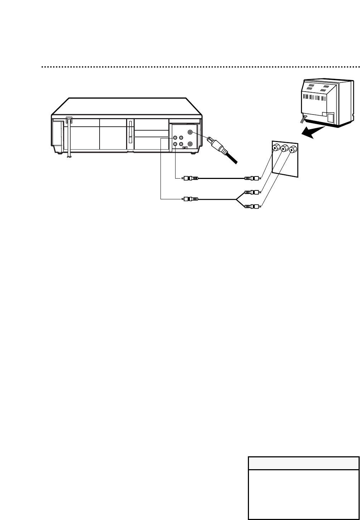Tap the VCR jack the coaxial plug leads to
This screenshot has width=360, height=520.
(x=190, y=132)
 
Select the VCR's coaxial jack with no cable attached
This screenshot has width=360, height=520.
(x=190, y=144)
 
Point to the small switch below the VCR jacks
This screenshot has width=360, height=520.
(x=185, y=147)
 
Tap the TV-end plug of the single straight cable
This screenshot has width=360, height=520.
(x=251, y=178)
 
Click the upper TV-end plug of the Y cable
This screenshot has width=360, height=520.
(x=251, y=192)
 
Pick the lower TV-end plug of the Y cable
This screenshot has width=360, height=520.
(x=251, y=206)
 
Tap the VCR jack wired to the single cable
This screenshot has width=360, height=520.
(x=175, y=144)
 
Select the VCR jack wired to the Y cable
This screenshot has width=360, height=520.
(x=175, y=138)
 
